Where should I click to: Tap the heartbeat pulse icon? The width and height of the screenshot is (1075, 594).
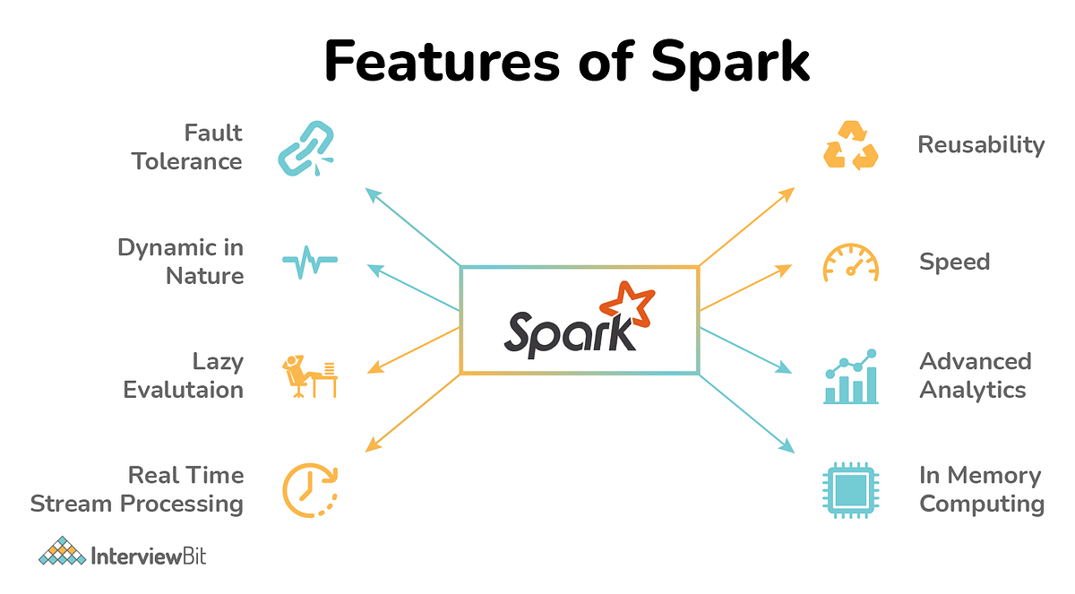pyautogui.click(x=310, y=263)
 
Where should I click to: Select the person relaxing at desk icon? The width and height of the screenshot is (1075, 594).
pyautogui.click(x=309, y=376)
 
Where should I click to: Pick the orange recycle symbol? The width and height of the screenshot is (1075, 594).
pyautogui.click(x=850, y=146)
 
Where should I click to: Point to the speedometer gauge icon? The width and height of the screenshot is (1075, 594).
pyautogui.click(x=851, y=263)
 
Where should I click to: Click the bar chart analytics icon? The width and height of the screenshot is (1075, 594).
pyautogui.click(x=850, y=377)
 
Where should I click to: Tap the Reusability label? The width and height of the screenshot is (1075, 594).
pyautogui.click(x=981, y=145)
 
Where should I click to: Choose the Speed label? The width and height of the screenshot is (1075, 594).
pyautogui.click(x=954, y=262)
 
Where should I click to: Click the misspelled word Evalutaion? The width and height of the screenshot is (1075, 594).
pyautogui.click(x=183, y=390)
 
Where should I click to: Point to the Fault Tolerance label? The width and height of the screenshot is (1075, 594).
pyautogui.click(x=187, y=147)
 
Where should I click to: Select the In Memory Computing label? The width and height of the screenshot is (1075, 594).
pyautogui.click(x=981, y=489)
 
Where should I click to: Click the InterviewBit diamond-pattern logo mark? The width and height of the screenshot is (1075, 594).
pyautogui.click(x=61, y=551)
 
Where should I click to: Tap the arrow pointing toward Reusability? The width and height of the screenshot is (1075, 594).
pyautogui.click(x=746, y=227)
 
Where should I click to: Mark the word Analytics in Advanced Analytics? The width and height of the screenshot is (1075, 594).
pyautogui.click(x=973, y=390)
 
